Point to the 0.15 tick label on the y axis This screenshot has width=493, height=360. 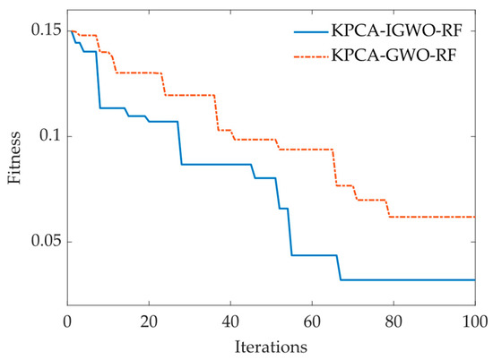tap(46, 31)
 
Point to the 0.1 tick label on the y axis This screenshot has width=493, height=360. tap(50, 136)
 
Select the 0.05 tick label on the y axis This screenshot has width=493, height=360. tap(46, 242)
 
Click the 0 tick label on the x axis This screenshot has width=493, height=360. tap(68, 322)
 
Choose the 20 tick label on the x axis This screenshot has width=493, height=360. tap(149, 322)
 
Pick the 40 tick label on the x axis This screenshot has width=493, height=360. tap(230, 322)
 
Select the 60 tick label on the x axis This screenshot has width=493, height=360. tap(312, 322)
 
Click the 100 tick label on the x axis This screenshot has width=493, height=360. tap(472, 322)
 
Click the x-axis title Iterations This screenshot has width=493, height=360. tap(271, 346)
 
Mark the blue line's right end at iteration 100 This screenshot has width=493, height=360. tap(473, 279)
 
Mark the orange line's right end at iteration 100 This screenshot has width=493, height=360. tap(473, 217)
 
